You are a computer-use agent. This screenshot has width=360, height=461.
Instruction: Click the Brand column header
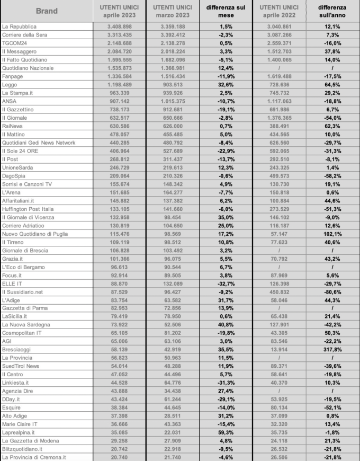[x=47, y=11]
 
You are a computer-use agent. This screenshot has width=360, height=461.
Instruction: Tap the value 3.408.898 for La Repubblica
[x=120, y=26]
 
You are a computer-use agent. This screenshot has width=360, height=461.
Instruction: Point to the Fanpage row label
[x=14, y=76]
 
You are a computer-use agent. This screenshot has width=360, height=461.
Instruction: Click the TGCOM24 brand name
[x=16, y=43]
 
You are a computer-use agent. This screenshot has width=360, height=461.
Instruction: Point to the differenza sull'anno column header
[x=332, y=11]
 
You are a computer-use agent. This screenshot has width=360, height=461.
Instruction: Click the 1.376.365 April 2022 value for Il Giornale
[x=278, y=118]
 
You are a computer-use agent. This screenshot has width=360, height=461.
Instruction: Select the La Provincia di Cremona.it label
[x=34, y=457]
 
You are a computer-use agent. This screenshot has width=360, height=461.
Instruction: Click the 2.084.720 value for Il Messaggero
[x=120, y=51]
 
